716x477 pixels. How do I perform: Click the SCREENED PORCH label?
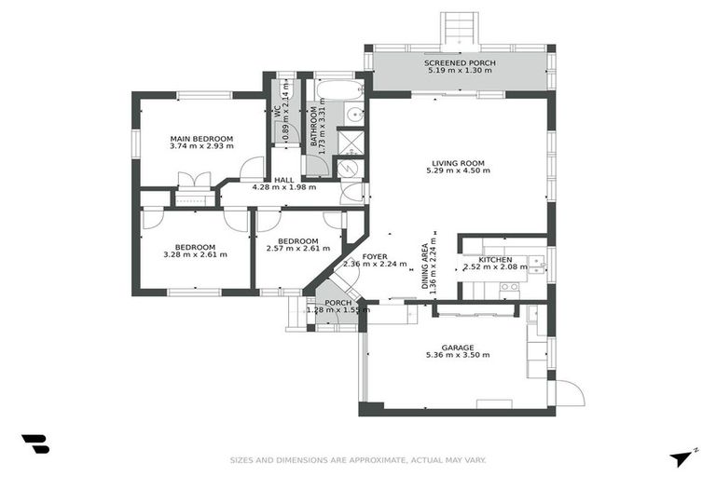click(461, 62)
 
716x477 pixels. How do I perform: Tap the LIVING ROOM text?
click(456, 163)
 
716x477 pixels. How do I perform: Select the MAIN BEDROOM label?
click(201, 139)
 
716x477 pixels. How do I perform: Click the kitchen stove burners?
click(509, 286)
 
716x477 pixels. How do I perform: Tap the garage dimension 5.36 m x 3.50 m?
click(458, 354)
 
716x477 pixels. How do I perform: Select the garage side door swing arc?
click(571, 391)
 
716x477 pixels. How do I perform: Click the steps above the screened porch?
click(460, 27)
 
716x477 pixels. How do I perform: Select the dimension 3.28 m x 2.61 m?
click(195, 254)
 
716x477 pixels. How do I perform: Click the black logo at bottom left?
click(34, 443)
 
